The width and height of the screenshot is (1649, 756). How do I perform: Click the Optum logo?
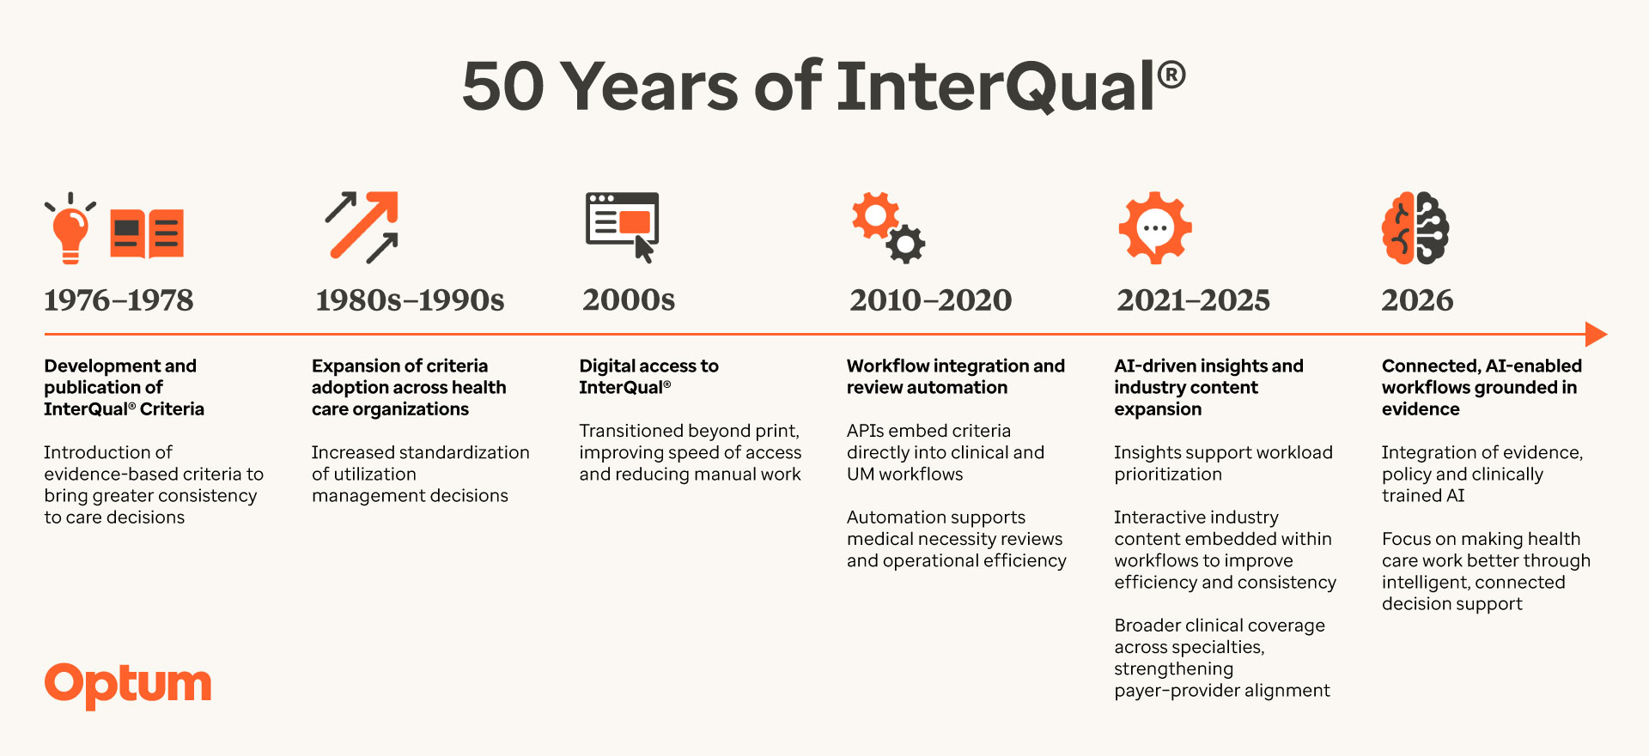[x=128, y=685]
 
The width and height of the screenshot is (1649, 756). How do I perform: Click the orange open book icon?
[x=147, y=233]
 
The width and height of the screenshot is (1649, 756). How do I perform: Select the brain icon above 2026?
[x=1415, y=228]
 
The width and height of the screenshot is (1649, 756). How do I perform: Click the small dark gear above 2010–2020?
[x=905, y=244]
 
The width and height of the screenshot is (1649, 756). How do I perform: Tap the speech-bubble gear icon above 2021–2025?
[x=1155, y=228]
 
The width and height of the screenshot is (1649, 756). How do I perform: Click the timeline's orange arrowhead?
[x=1596, y=334]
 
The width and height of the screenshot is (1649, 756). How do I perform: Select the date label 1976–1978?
[x=119, y=300]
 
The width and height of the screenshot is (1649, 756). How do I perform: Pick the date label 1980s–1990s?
[x=410, y=300]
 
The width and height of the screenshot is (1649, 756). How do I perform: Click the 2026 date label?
[x=1417, y=300]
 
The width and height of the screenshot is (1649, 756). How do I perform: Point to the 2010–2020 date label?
[x=931, y=300]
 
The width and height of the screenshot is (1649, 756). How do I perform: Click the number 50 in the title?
[x=503, y=87]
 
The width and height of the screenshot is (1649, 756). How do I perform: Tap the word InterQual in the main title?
[x=996, y=87]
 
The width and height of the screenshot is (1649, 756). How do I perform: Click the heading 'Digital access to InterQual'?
[x=649, y=377]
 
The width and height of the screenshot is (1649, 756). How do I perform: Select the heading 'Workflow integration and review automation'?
[x=956, y=377]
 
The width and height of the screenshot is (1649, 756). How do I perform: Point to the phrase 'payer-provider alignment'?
[x=1222, y=691]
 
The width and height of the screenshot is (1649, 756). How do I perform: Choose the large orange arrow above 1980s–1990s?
[x=365, y=224]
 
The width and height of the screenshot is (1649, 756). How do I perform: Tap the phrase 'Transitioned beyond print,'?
[x=690, y=431]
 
